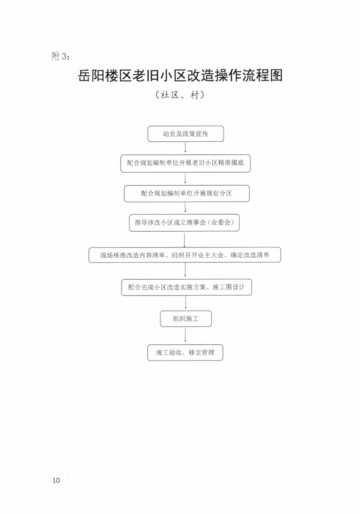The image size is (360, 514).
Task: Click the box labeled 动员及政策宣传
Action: (x=186, y=134)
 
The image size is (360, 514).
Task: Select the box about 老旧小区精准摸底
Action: (x=186, y=163)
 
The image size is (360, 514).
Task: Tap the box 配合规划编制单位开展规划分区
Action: (x=187, y=194)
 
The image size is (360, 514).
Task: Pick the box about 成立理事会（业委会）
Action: (x=184, y=223)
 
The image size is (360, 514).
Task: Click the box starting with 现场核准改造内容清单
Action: (x=185, y=255)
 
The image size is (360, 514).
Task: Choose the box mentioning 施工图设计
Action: (x=187, y=287)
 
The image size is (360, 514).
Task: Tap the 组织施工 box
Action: (x=186, y=319)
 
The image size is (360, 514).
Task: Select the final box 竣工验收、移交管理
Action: (x=186, y=353)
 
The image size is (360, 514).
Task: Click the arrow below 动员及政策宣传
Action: (x=186, y=147)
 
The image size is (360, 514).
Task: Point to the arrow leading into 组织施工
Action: (x=186, y=303)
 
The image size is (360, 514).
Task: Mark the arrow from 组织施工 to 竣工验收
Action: (x=186, y=335)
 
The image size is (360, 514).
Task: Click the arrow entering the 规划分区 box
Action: (x=186, y=178)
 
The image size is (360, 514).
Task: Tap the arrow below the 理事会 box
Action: (x=184, y=240)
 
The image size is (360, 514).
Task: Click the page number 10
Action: (x=56, y=480)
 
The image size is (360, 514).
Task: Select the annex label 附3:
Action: (x=61, y=57)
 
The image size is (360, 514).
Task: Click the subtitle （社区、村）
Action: (x=180, y=95)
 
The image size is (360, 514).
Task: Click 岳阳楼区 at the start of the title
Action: (x=104, y=76)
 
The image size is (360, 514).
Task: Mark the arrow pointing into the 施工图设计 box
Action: (x=186, y=270)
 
